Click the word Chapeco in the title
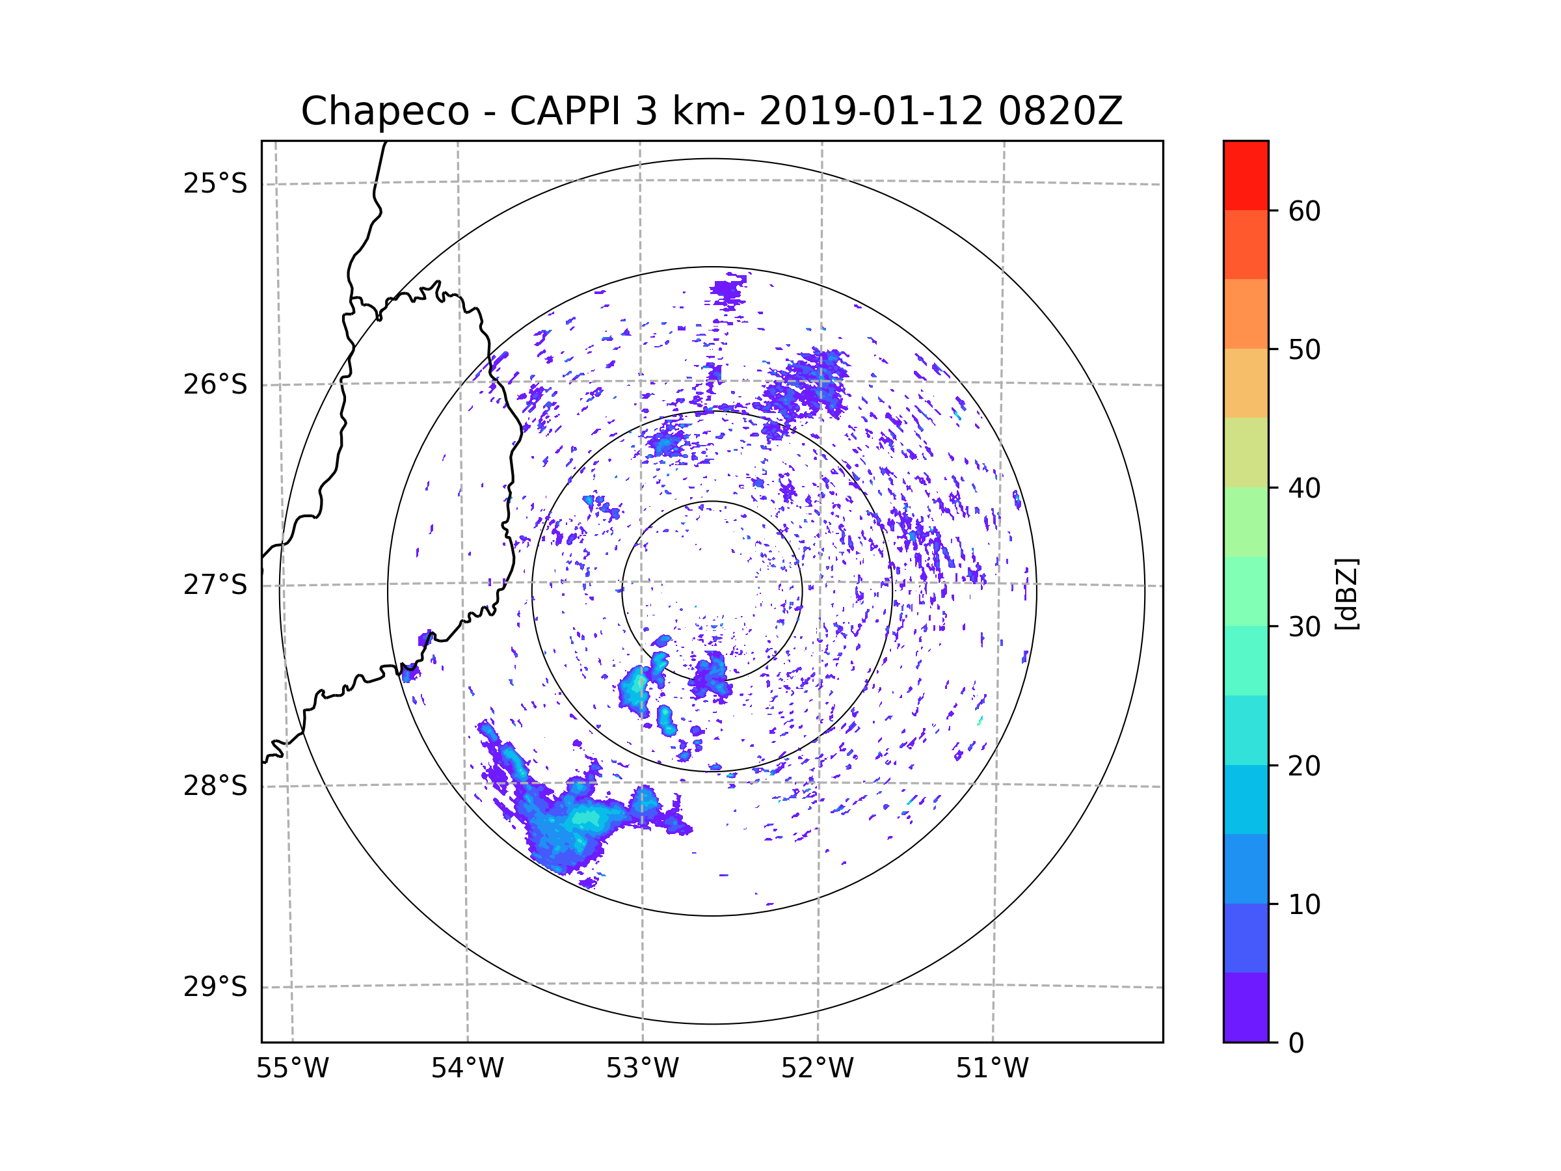384,111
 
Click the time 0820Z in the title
1060,111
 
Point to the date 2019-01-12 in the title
871,111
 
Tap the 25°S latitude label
215,183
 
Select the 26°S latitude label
215,384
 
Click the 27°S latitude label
215,585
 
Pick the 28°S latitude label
215,786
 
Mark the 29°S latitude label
215,987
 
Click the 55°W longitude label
292,1069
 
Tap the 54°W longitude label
467,1069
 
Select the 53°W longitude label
642,1069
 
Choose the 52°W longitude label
817,1069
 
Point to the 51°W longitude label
992,1069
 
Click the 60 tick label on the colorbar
1304,211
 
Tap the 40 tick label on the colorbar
1304,489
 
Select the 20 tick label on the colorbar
1304,766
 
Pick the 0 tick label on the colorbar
1296,1043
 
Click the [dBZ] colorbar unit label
1346,593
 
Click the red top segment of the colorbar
1246,175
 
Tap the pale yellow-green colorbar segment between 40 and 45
1246,452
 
